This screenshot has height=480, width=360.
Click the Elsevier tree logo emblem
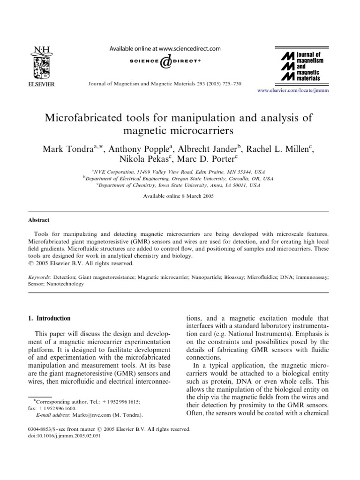pos(42,65)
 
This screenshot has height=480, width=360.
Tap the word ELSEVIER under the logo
pos(42,84)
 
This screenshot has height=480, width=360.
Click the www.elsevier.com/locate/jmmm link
pos(293,90)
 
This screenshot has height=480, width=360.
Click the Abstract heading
pos(40,220)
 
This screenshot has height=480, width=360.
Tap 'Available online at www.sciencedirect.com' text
pos(164,48)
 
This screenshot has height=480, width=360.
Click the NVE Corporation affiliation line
pos(178,172)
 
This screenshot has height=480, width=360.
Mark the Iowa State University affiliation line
pos(178,185)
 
